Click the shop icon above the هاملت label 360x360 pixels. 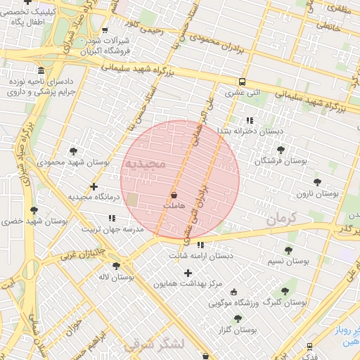pyautogui.click(x=174, y=194)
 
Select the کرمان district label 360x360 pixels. pyautogui.click(x=281, y=219)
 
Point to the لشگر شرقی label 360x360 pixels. pyautogui.click(x=153, y=345)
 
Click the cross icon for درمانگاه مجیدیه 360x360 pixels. pyautogui.click(x=94, y=186)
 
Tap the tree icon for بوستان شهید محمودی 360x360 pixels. pyautogui.click(x=74, y=151)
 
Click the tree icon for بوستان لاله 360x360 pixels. pyautogui.click(x=116, y=266)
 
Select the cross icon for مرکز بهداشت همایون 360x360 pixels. pyautogui.click(x=188, y=273)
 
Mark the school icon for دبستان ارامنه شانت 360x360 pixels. pyautogui.click(x=201, y=245)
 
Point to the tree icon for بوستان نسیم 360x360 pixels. pyautogui.click(x=288, y=250)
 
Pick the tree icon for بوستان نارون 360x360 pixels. pyautogui.click(x=317, y=182)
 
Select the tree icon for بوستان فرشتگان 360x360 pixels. pyautogui.click(x=281, y=150)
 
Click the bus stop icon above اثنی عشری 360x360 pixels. pyautogui.click(x=242, y=82)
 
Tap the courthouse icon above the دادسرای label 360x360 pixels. pyautogui.click(x=41, y=72)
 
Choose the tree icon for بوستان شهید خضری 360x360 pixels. pyautogui.click(x=34, y=210)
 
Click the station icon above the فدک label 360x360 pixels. pyautogui.click(x=310, y=347)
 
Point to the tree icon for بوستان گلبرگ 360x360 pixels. pyautogui.click(x=284, y=291)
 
